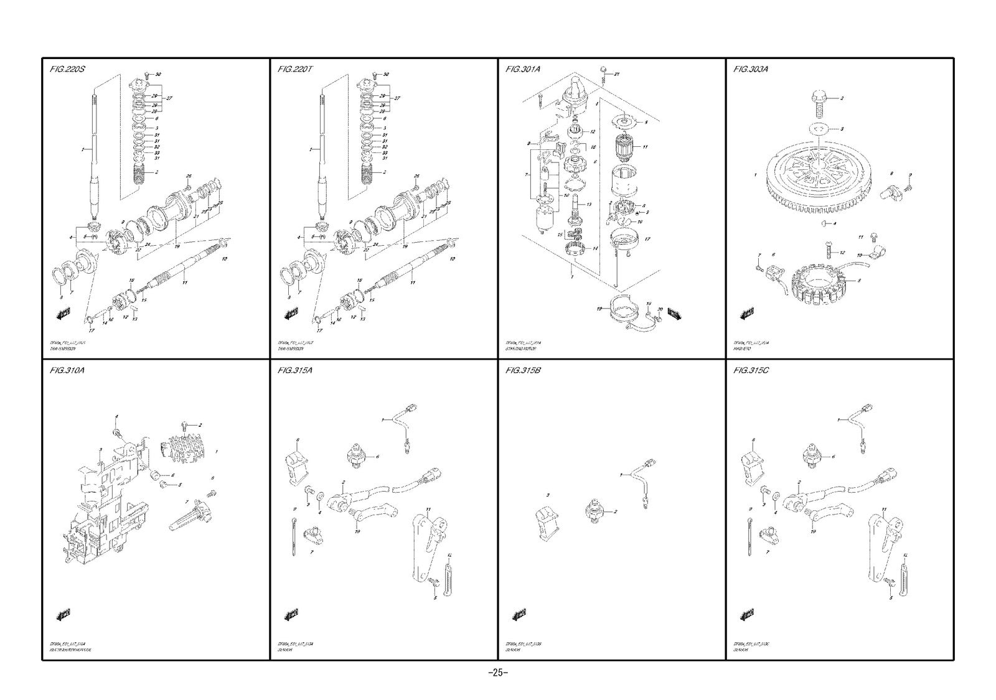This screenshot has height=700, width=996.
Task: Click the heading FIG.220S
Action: coord(67,69)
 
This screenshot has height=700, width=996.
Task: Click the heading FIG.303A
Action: coord(751,69)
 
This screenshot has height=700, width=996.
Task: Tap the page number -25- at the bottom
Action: coord(498,673)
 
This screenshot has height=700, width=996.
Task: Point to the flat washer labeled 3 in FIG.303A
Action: coord(819,129)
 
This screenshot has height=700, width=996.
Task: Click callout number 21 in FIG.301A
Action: coord(617,74)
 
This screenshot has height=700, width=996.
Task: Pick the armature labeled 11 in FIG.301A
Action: coord(623,147)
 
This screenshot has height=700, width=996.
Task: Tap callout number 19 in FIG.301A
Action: coord(599,309)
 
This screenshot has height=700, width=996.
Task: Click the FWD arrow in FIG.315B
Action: coord(519,615)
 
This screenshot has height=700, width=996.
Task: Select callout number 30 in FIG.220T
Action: coord(386,75)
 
